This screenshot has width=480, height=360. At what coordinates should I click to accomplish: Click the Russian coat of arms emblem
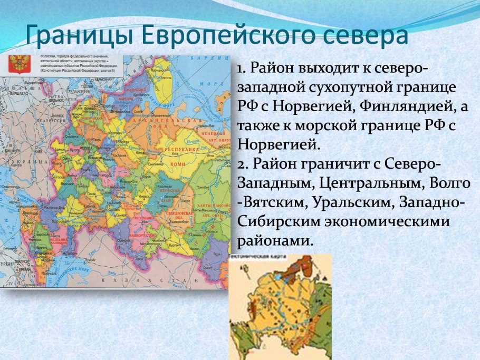(x=19, y=64)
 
